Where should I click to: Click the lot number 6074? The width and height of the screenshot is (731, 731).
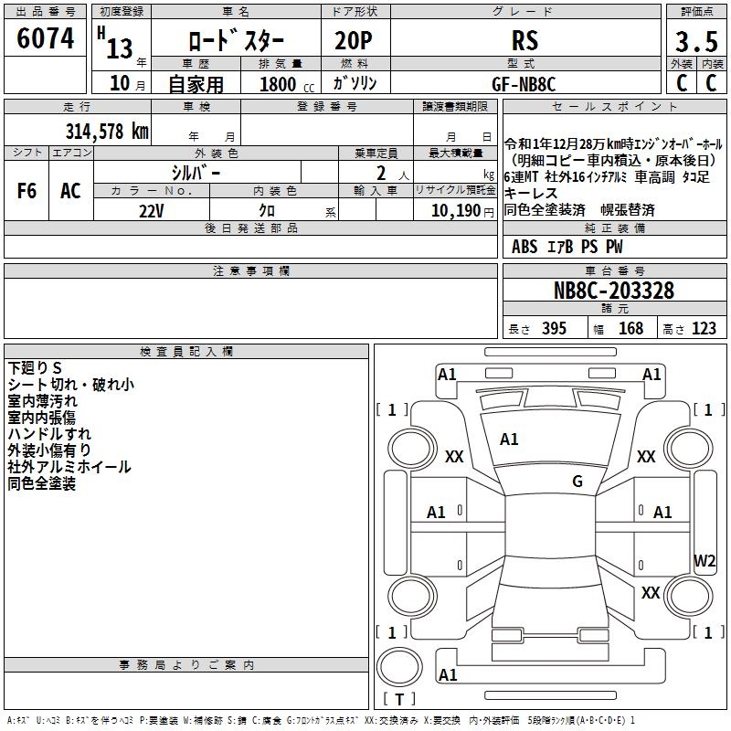pos(45,38)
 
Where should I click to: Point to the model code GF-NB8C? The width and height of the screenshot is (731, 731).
pos(524,83)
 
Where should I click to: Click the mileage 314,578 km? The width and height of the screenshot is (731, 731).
pos(107,131)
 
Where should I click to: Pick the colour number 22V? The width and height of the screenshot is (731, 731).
pos(152,210)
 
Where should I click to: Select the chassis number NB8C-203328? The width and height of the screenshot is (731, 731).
pos(614,291)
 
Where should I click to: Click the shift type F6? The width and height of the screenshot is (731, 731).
pos(27,191)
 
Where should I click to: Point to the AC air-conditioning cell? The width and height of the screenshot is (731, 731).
pos(70,191)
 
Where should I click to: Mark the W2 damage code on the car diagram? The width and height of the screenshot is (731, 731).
pos(705,560)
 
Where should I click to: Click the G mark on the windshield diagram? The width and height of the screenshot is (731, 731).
pos(577,482)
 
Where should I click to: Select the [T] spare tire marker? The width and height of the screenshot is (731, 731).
pos(398,700)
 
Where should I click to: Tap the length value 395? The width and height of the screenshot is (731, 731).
pos(550,329)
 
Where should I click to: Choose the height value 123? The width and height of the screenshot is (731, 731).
pos(704,329)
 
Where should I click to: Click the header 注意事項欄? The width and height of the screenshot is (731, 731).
pos(250,271)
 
